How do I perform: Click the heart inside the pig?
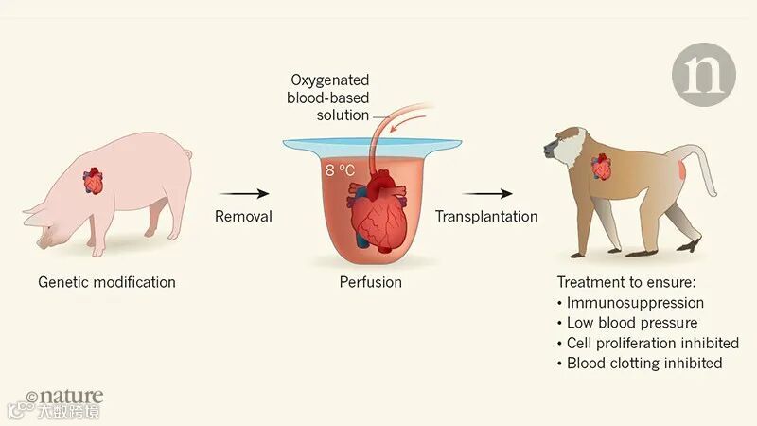pyautogui.click(x=94, y=180)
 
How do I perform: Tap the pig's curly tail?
pyautogui.click(x=187, y=153)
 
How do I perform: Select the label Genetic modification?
pyautogui.click(x=107, y=282)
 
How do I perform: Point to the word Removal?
pyautogui.click(x=243, y=216)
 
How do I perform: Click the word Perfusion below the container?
pyautogui.click(x=371, y=282)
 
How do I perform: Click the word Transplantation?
pyautogui.click(x=486, y=216)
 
